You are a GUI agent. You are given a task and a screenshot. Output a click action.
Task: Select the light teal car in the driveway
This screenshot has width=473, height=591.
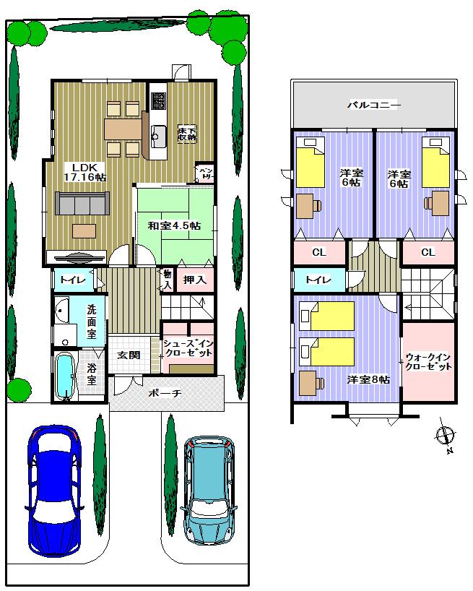[x=209, y=491]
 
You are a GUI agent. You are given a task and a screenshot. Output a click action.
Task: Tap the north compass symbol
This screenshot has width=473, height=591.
[x=446, y=436]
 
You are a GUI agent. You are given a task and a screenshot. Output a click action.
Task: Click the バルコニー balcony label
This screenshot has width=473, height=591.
[x=373, y=105]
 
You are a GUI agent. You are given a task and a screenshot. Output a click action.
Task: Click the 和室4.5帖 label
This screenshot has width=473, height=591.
[x=174, y=225]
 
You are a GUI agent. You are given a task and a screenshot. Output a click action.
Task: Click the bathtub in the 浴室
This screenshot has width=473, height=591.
[x=65, y=376]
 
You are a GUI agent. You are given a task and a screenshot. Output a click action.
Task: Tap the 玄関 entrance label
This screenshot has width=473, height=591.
[x=129, y=355]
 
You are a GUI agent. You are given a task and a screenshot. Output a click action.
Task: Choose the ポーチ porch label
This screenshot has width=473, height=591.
[x=165, y=394]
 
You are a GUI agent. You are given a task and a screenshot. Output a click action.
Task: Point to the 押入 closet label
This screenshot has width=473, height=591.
[x=194, y=280]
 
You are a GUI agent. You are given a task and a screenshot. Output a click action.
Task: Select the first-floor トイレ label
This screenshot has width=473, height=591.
[x=72, y=280]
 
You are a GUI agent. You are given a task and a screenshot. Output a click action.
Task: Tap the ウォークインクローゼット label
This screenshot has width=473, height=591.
[x=428, y=361]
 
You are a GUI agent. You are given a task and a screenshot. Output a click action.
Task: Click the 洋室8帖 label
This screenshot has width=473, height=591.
[x=368, y=379]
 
